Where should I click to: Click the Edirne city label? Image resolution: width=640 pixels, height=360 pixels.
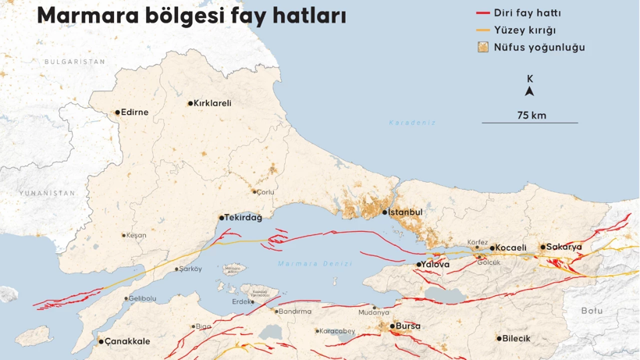(135, 112)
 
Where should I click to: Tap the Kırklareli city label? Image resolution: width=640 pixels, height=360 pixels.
(212, 103)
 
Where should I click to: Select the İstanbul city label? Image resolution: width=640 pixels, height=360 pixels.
(405, 212)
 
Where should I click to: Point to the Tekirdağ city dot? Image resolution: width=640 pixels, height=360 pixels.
(222, 218)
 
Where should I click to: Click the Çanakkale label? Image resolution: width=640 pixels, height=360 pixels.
(127, 341)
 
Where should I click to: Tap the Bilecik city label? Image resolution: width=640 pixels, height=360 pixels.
(517, 338)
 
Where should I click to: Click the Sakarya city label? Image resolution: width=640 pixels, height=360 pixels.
(564, 247)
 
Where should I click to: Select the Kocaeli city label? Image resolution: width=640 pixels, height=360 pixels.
(512, 248)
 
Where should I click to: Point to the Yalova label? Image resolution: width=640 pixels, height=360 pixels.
(436, 265)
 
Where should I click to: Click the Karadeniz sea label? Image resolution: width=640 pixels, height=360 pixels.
(412, 123)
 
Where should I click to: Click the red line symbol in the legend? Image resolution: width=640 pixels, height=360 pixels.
(482, 13)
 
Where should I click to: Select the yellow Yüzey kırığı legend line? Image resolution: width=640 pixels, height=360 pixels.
(482, 30)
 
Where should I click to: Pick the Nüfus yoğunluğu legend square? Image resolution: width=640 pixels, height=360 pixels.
(483, 47)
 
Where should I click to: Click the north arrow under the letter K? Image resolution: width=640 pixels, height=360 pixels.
(530, 91)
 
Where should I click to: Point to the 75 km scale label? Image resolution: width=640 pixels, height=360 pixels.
(531, 115)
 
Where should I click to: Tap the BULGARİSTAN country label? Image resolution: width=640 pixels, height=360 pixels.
(74, 62)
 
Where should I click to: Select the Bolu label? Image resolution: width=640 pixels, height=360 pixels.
(592, 311)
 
